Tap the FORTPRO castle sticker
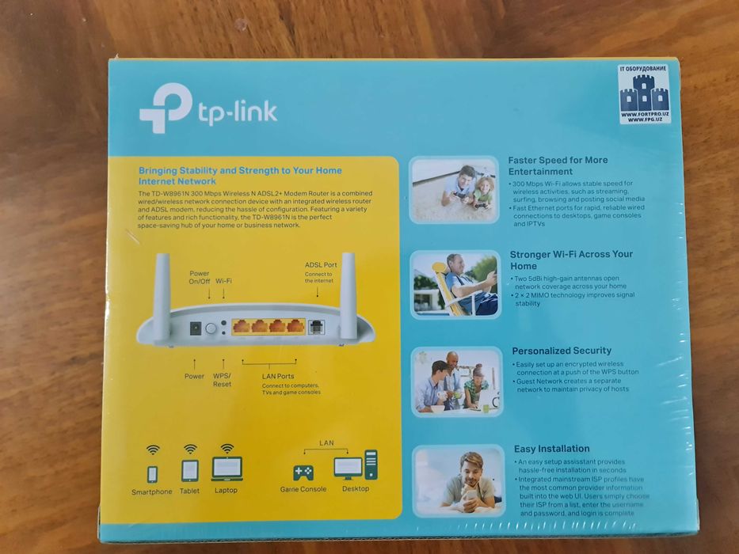pyautogui.click(x=644, y=94)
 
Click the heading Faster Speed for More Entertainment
pyautogui.click(x=558, y=165)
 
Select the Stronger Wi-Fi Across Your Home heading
pyautogui.click(x=570, y=260)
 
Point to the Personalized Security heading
pyautogui.click(x=562, y=351)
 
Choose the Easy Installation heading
pyautogui.click(x=551, y=449)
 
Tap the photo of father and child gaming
pyautogui.click(x=455, y=189)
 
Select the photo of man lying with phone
pyautogui.click(x=458, y=480)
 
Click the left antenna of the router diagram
pyautogui.click(x=162, y=295)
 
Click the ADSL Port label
pyautogui.click(x=320, y=265)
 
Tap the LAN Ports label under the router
pyautogui.click(x=278, y=377)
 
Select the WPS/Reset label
pyautogui.click(x=222, y=380)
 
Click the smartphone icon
pyautogui.click(x=152, y=473)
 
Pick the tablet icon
pyautogui.click(x=189, y=470)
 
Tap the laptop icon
pyautogui.click(x=227, y=469)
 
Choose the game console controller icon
pyautogui.click(x=303, y=472)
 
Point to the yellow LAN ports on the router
pyautogui.click(x=268, y=325)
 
